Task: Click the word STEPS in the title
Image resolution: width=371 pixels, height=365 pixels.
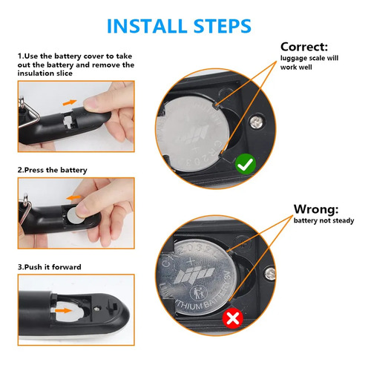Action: pyautogui.click(x=223, y=26)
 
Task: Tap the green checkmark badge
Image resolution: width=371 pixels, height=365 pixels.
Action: pyautogui.click(x=245, y=163)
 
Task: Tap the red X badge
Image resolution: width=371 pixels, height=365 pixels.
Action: pyautogui.click(x=233, y=318)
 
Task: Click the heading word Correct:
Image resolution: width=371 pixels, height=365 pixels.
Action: pyautogui.click(x=304, y=47)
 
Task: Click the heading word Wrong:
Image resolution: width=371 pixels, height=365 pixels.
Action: pyautogui.click(x=316, y=209)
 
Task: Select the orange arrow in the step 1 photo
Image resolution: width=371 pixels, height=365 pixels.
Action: pyautogui.click(x=70, y=102)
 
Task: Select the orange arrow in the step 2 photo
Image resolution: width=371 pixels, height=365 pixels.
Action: pyautogui.click(x=73, y=197)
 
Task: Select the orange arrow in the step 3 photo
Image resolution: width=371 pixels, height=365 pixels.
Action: pyautogui.click(x=64, y=310)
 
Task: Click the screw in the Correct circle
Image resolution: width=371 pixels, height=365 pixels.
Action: pyautogui.click(x=256, y=122)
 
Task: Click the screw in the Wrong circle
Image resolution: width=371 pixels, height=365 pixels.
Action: pyautogui.click(x=271, y=274)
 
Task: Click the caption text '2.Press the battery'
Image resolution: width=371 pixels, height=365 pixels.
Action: pyautogui.click(x=52, y=170)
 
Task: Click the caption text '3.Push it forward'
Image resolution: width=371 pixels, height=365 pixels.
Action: pyautogui.click(x=49, y=267)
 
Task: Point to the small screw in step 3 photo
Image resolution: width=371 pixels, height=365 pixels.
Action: pyautogui.click(x=97, y=308)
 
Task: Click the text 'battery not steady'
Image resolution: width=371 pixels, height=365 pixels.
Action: pyautogui.click(x=324, y=220)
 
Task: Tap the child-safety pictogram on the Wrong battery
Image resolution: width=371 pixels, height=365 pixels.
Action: pyautogui.click(x=198, y=292)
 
